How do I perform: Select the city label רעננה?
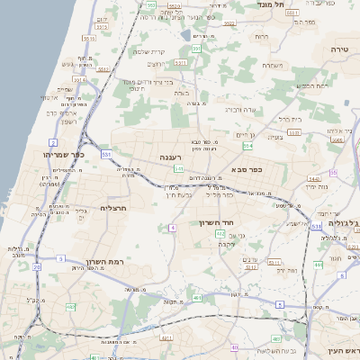[x=172, y=157]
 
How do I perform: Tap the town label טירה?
[x=338, y=48]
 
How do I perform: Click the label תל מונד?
[x=270, y=5]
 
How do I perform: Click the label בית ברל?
[x=287, y=119]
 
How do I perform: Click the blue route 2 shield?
[x=53, y=143]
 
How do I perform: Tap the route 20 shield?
[x=37, y=267]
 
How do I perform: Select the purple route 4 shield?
[x=172, y=227]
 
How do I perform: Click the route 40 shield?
[x=234, y=346]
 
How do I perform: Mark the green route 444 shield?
[x=318, y=265]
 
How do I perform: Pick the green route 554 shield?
[x=247, y=146]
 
